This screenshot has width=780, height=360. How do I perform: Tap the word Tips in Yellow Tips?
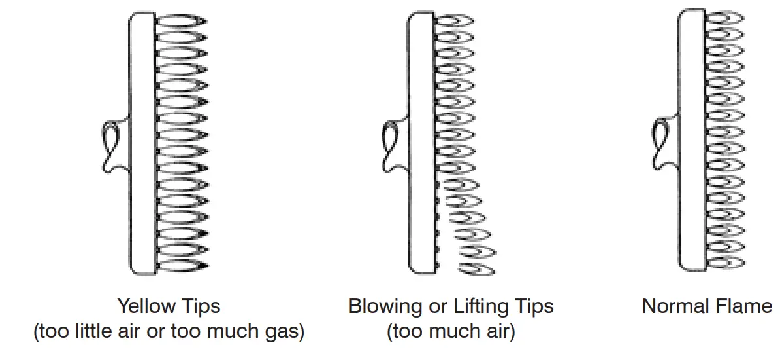point(199,306)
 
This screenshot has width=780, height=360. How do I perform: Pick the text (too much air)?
point(451,331)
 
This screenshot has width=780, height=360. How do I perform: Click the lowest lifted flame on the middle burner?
point(478,267)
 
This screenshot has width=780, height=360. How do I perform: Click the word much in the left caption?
point(242,331)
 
